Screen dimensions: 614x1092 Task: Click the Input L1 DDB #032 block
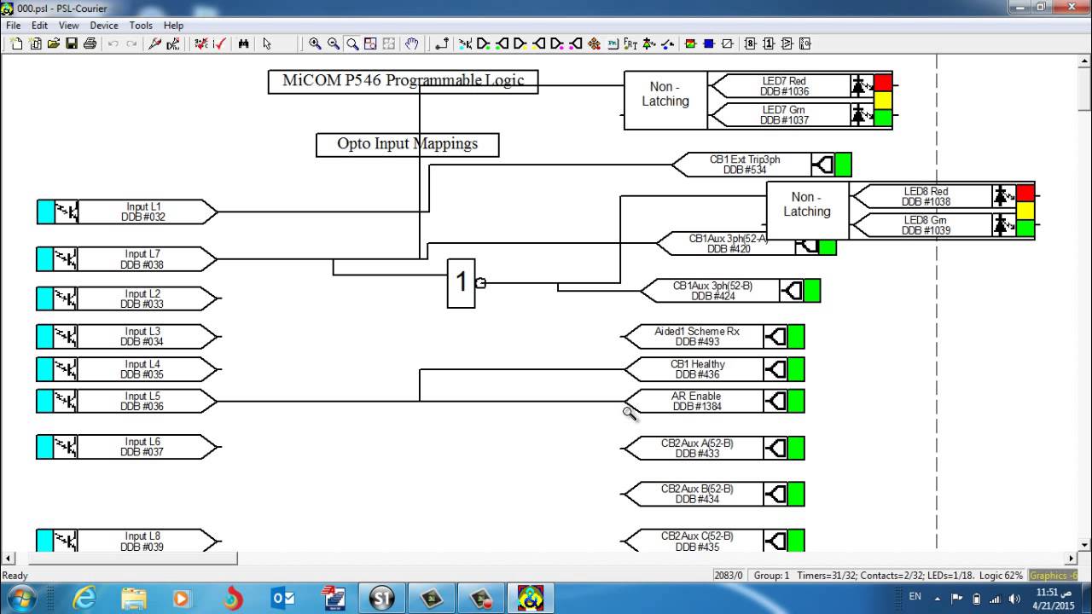click(x=143, y=211)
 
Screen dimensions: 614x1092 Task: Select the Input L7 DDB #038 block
click(x=143, y=259)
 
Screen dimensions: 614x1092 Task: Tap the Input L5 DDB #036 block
click(x=143, y=402)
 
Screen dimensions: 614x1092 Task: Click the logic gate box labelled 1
click(x=462, y=283)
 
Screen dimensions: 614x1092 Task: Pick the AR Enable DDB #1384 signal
click(x=696, y=402)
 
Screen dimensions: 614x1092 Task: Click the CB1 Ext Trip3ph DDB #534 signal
click(x=744, y=165)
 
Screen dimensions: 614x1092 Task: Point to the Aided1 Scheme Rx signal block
click(x=696, y=337)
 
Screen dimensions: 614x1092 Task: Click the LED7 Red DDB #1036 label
click(x=783, y=86)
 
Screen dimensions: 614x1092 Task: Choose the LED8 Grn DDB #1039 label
click(x=926, y=226)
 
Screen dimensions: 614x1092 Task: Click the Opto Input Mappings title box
click(x=407, y=144)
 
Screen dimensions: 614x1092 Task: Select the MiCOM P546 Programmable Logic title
click(x=403, y=81)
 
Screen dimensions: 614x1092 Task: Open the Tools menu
click(x=141, y=26)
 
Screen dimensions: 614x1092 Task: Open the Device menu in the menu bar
click(x=104, y=26)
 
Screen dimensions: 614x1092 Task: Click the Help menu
click(x=173, y=26)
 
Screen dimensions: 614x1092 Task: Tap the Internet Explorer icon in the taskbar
click(x=84, y=599)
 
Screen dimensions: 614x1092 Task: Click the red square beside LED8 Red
click(x=1025, y=194)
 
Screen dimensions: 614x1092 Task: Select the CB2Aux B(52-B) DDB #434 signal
click(x=696, y=494)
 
